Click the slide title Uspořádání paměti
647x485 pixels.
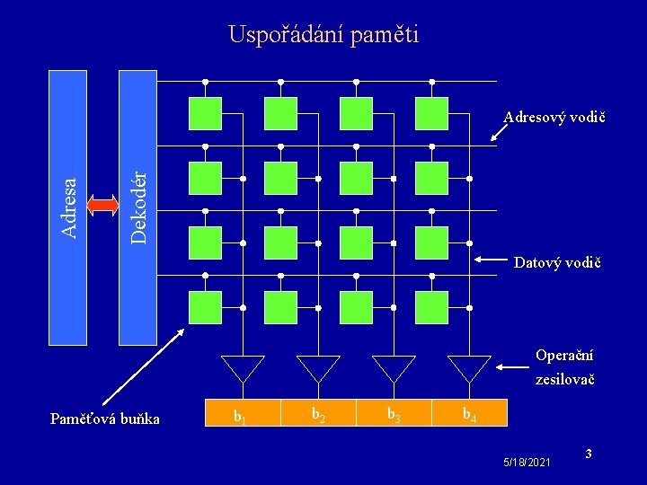click(x=323, y=35)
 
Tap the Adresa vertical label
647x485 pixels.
click(x=67, y=207)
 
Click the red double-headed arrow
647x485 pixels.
click(x=103, y=206)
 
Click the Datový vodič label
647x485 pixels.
click(x=556, y=263)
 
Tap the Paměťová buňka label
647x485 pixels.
click(x=105, y=419)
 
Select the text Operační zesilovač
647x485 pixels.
click(x=564, y=367)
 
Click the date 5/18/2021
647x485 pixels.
click(x=527, y=462)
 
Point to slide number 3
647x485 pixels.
click(x=588, y=454)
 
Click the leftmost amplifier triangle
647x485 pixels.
click(x=243, y=367)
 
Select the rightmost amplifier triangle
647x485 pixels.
click(x=469, y=367)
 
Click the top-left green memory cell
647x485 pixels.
click(x=206, y=113)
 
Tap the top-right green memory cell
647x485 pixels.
click(x=431, y=113)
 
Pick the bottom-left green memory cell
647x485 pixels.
click(x=206, y=307)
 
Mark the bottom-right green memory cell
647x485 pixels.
click(x=431, y=307)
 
